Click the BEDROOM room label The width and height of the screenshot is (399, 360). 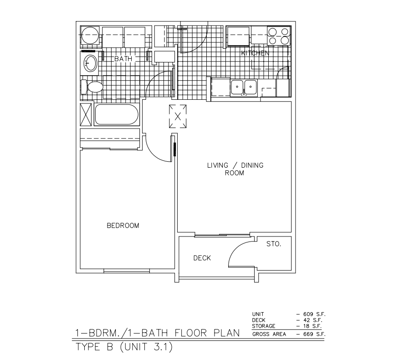(123, 226)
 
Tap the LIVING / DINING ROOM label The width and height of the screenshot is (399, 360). (235, 169)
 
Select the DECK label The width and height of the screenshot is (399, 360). (202, 258)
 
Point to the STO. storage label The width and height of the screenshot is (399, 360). (273, 244)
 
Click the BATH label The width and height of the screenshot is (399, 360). (123, 59)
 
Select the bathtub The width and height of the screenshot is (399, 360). (116, 115)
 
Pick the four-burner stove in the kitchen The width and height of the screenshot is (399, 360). (278, 36)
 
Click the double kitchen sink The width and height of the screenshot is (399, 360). (244, 87)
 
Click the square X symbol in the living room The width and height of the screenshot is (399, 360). (178, 117)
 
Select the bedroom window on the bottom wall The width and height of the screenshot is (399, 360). (126, 271)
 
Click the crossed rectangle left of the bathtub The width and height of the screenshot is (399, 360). (86, 114)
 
